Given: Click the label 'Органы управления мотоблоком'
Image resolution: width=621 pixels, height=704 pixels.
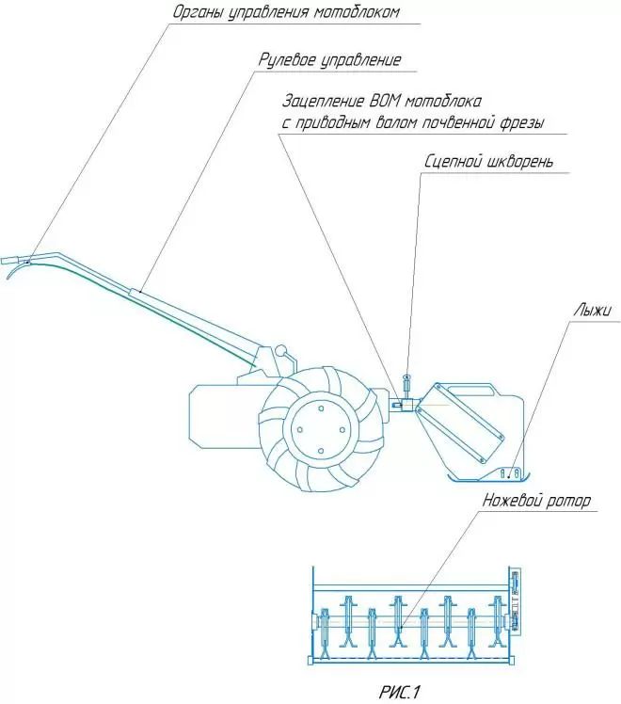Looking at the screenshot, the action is tap(286, 12).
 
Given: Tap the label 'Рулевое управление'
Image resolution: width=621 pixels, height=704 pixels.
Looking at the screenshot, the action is tap(329, 59).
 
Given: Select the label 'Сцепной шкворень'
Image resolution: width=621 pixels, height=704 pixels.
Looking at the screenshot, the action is tap(488, 162).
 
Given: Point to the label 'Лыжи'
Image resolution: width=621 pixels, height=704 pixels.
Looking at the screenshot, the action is tap(592, 310).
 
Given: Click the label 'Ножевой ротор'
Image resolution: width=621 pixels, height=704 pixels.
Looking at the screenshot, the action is tap(536, 500).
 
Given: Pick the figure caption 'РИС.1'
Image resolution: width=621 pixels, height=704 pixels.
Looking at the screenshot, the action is tap(398, 692).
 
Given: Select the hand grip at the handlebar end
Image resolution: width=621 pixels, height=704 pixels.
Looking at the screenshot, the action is tap(9, 260).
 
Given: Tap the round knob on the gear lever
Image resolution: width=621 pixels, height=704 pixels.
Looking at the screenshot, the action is tap(281, 349).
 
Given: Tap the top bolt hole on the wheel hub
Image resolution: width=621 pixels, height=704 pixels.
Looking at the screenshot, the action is tap(321, 408).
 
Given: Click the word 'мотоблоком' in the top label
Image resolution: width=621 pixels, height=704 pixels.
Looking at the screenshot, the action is tap(356, 12).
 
